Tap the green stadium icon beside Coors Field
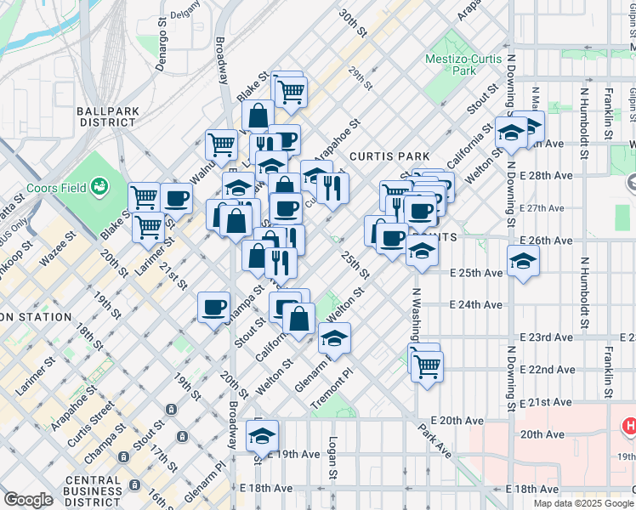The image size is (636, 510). (100, 184)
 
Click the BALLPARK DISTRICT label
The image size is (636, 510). (106, 116)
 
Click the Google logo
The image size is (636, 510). (29, 500)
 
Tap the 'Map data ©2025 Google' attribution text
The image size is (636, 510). (583, 503)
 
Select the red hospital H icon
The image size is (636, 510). (629, 424)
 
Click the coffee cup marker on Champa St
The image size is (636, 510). (213, 306)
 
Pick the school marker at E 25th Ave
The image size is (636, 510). (523, 261)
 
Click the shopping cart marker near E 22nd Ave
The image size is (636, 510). (427, 366)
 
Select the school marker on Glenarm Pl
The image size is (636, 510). (334, 338)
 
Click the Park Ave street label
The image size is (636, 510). (434, 441)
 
